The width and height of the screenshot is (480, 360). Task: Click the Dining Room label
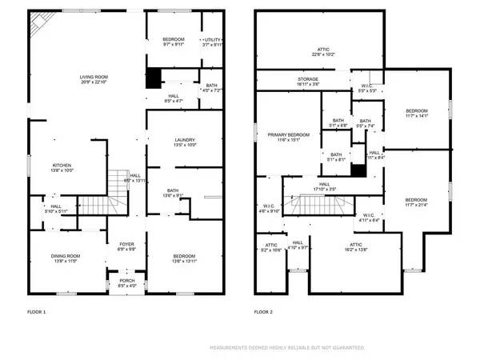[x=66, y=258]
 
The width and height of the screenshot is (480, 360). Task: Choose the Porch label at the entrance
[x=127, y=282]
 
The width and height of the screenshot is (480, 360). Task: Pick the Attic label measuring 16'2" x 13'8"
[x=356, y=248]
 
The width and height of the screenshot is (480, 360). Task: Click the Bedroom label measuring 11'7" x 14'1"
[x=417, y=113]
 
